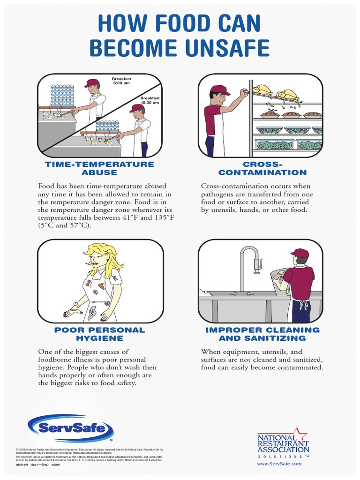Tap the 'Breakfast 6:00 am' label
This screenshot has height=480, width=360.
coord(121,81)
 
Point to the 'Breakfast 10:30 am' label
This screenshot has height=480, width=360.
coord(150,100)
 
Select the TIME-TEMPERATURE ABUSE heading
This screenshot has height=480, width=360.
coord(99,168)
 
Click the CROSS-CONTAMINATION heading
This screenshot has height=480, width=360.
coord(262,168)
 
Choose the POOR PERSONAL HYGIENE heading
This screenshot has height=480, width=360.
coord(99,334)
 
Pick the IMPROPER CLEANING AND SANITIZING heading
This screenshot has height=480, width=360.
coord(262,334)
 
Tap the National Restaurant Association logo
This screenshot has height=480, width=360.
coord(283,444)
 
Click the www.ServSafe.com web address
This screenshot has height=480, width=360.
coord(279,464)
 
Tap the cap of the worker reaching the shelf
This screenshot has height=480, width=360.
coord(219,90)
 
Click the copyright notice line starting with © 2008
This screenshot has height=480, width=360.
coord(89,450)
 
